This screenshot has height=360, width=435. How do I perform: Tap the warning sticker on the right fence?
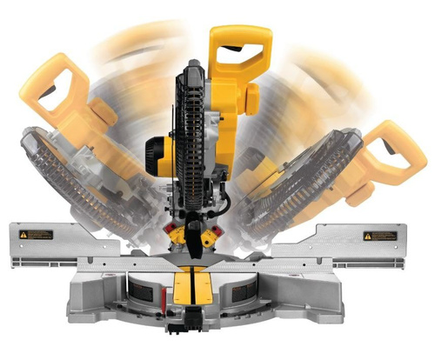click(380, 236)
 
